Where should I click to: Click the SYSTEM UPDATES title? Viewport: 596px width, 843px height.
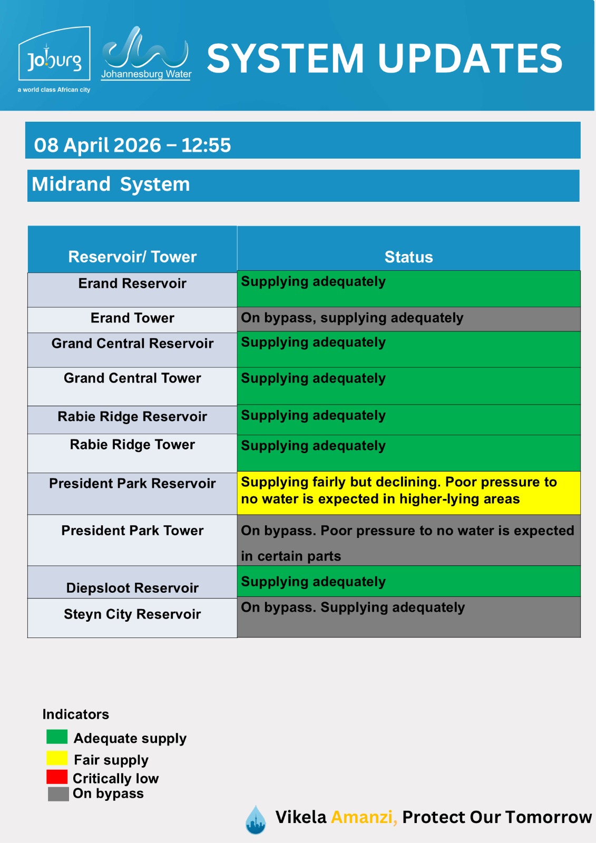point(385,58)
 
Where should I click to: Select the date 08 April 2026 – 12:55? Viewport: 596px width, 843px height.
point(132,145)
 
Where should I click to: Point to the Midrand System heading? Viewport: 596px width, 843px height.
point(111,184)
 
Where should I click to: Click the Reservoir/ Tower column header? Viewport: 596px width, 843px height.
point(132,257)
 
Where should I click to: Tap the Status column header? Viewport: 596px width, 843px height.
point(408,257)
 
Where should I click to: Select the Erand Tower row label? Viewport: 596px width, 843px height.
point(132,318)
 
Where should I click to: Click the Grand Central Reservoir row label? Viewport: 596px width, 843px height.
point(132,344)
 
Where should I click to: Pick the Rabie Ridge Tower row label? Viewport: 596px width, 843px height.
point(132,445)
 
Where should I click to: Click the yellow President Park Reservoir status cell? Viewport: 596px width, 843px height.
point(408,492)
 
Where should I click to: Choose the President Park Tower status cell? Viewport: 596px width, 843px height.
point(408,541)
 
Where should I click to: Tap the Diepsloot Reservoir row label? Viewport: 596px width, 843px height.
point(132,588)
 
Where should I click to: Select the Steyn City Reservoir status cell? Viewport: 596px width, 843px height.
point(408,616)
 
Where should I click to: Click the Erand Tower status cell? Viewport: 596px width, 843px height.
point(408,319)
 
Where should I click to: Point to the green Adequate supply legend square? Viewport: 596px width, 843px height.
point(57,737)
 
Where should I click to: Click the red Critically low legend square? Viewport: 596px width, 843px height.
point(57,777)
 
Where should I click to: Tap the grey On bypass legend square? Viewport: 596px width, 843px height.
point(58,794)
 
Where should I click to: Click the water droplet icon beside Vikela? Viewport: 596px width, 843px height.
point(256,820)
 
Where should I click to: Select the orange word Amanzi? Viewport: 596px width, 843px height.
point(364,817)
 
